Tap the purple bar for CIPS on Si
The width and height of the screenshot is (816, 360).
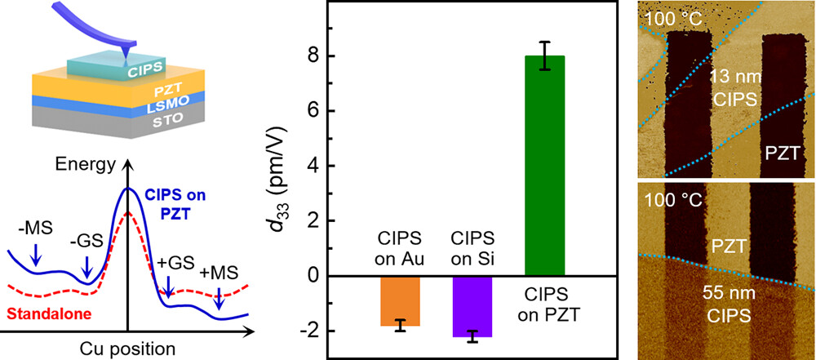point(471,306)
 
